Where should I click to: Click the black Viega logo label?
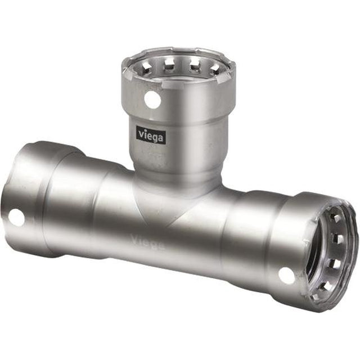tap(151, 135)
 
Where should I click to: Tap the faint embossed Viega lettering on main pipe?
tap(148, 242)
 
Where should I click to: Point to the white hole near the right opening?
tap(286, 276)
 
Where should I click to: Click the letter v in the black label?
tap(141, 133)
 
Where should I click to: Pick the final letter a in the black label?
tap(161, 138)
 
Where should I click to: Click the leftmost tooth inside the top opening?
tap(146, 66)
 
